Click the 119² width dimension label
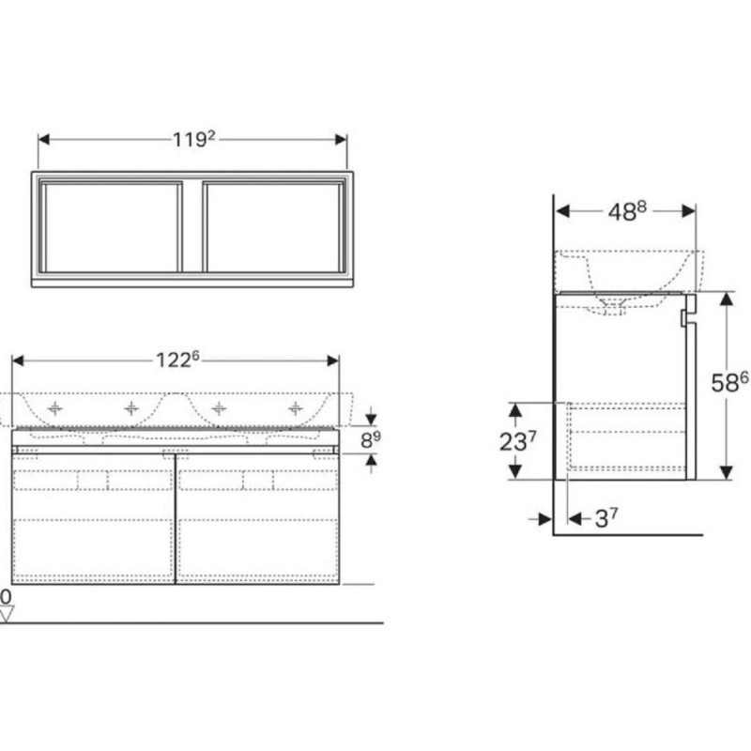coord(194,139)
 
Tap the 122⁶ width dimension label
coord(177,360)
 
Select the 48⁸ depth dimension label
coord(627,211)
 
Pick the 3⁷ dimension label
coord(605,518)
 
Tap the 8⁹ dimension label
coord(370,439)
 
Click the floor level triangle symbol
coord(7,614)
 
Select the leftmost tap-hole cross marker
coord(55,408)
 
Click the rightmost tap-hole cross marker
coord(296,408)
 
